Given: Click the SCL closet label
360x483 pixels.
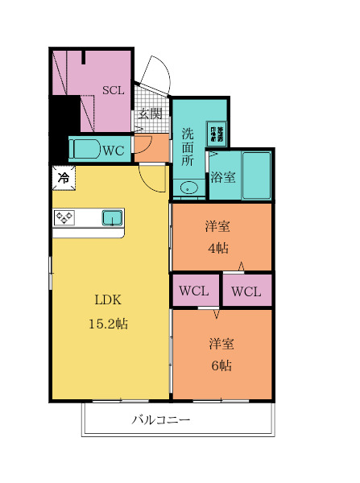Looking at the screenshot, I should [x=113, y=90].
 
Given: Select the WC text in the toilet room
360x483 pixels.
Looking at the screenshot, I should [x=113, y=149].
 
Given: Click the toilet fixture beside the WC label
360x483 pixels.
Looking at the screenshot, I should [x=85, y=149].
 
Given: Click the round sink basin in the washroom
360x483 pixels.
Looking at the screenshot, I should [x=188, y=188].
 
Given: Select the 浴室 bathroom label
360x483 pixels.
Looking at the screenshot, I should [x=222, y=177].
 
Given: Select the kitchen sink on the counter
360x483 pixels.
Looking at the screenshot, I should [x=111, y=217].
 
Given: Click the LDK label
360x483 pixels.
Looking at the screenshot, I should [x=108, y=300].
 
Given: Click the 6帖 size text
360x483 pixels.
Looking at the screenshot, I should [x=221, y=365].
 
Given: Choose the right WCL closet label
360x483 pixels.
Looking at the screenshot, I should [x=246, y=291].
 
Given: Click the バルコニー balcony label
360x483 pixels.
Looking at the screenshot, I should [x=161, y=420].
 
